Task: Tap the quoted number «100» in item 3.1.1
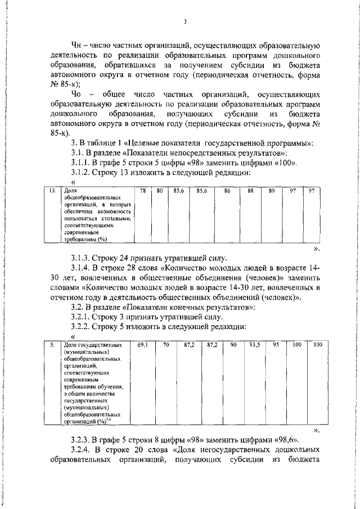pos(285,163)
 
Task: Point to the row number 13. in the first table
pos(51,192)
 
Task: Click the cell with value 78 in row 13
pos(143,192)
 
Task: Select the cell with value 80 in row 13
pos(160,192)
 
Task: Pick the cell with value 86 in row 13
pos(227,192)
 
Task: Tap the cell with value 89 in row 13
pos(272,192)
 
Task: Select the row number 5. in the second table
pos(51,344)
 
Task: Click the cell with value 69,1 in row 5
pos(142,344)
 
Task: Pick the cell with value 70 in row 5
pos(166,344)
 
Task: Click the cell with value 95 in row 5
pos(274,344)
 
